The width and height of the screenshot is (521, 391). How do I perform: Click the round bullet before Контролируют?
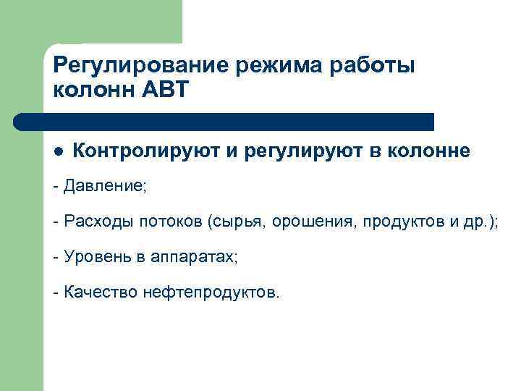point(59,152)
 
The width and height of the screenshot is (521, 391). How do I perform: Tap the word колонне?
point(429,151)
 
